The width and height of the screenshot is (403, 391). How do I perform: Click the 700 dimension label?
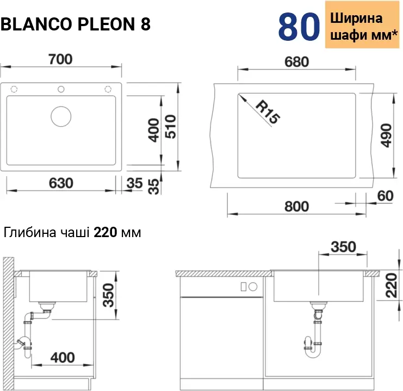click(61, 59)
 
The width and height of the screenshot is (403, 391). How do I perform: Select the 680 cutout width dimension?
click(296, 62)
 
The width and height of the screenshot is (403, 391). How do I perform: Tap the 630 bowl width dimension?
click(61, 183)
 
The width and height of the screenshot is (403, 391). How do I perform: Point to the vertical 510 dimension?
click(170, 127)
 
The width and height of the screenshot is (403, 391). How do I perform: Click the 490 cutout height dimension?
click(386, 136)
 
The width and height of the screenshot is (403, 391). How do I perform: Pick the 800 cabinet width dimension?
click(296, 207)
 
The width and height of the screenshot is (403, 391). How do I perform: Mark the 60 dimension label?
click(385, 196)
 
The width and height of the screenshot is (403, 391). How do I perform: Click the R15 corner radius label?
click(268, 113)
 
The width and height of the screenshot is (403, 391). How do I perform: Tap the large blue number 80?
click(299, 27)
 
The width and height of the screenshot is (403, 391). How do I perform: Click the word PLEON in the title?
click(106, 24)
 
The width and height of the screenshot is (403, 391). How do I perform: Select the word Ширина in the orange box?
click(356, 18)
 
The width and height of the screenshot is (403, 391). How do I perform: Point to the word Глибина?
click(30, 232)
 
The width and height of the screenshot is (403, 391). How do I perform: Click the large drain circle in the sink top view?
click(61, 116)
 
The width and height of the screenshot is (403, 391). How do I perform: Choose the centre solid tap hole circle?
click(61, 89)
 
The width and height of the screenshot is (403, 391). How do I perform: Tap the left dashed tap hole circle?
click(14, 89)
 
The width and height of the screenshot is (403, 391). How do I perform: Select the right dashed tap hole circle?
click(108, 89)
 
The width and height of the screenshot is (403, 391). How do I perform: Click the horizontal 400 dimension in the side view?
click(63, 358)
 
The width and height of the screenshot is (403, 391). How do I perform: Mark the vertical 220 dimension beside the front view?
click(392, 286)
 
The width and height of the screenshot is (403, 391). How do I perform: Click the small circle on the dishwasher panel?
click(253, 287)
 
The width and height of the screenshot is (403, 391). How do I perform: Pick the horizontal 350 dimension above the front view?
click(343, 247)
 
